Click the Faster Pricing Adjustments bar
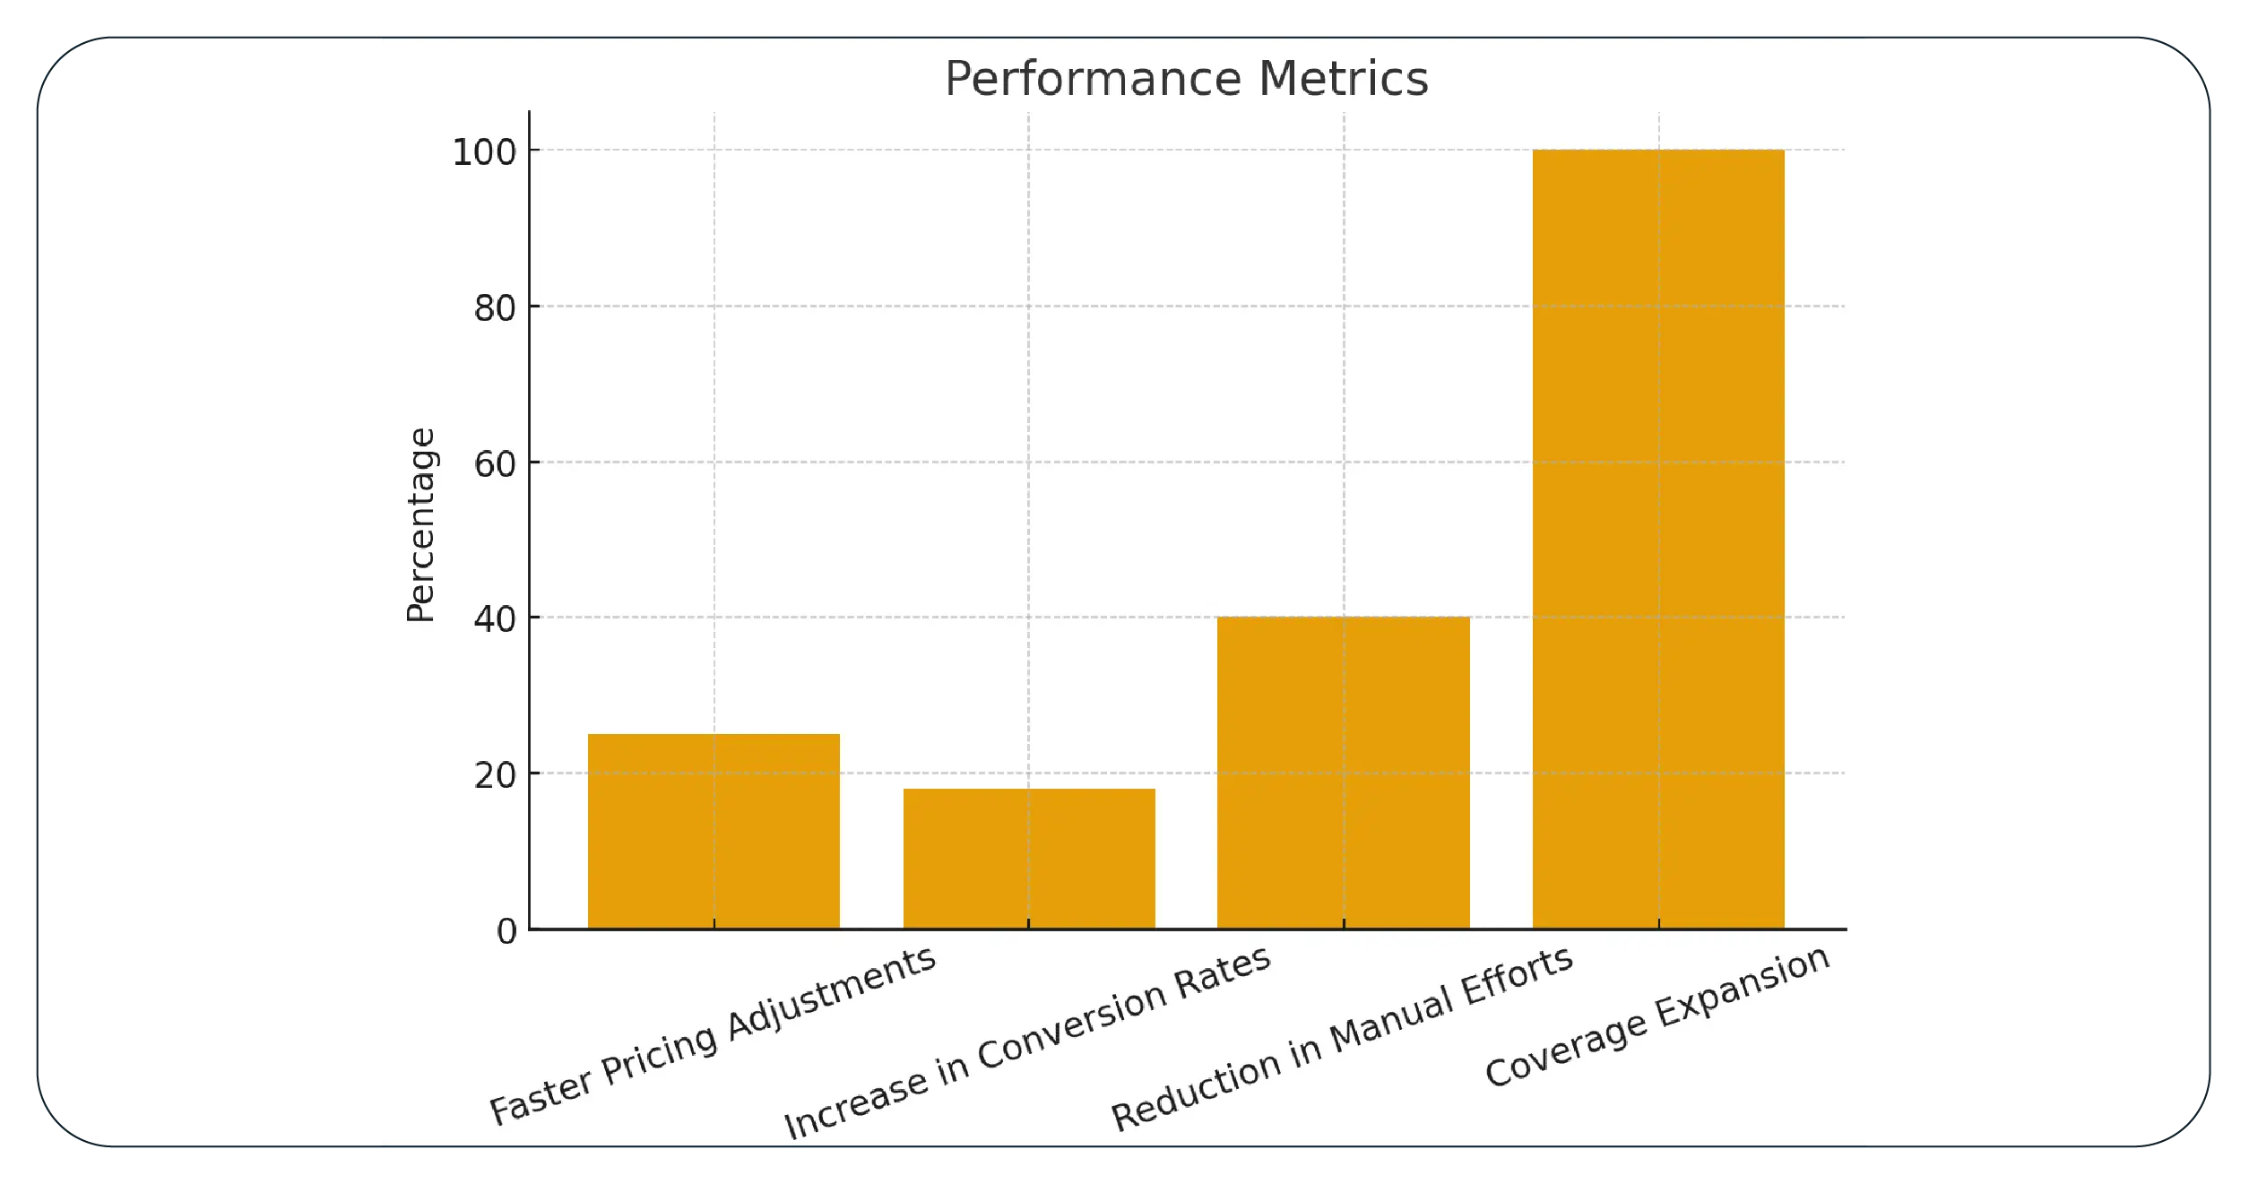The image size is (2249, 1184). pos(714,831)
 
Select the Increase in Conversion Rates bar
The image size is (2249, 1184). pos(1028,858)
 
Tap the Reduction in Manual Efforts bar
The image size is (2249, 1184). pos(1343,772)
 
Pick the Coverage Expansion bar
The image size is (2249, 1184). pos(1657,538)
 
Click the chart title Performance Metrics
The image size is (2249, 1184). pos(1186,79)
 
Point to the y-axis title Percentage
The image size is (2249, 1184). pos(420,524)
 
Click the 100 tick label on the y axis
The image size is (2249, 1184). pos(484,152)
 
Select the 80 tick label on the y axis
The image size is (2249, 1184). pos(495,308)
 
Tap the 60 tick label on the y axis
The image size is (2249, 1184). pos(495,464)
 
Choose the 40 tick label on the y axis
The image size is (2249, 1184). pos(495,619)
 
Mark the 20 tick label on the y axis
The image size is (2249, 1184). pos(495,775)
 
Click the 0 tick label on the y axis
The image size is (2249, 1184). pos(506,932)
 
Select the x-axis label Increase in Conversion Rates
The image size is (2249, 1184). pos(1027,1042)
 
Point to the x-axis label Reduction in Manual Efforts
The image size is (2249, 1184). pos(1342,1039)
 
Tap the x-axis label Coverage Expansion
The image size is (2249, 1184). pos(1656,1016)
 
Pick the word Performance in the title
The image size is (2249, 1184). pos(1094,79)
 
